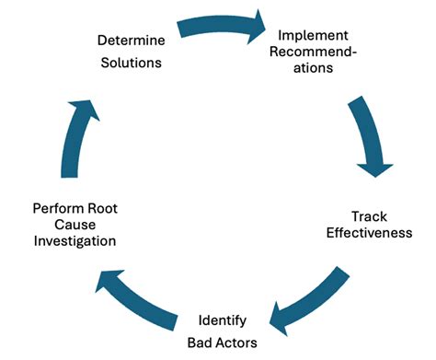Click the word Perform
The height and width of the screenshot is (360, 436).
pyautogui.click(x=54, y=208)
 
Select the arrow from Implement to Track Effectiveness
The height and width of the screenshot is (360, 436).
pyautogui.click(x=365, y=136)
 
